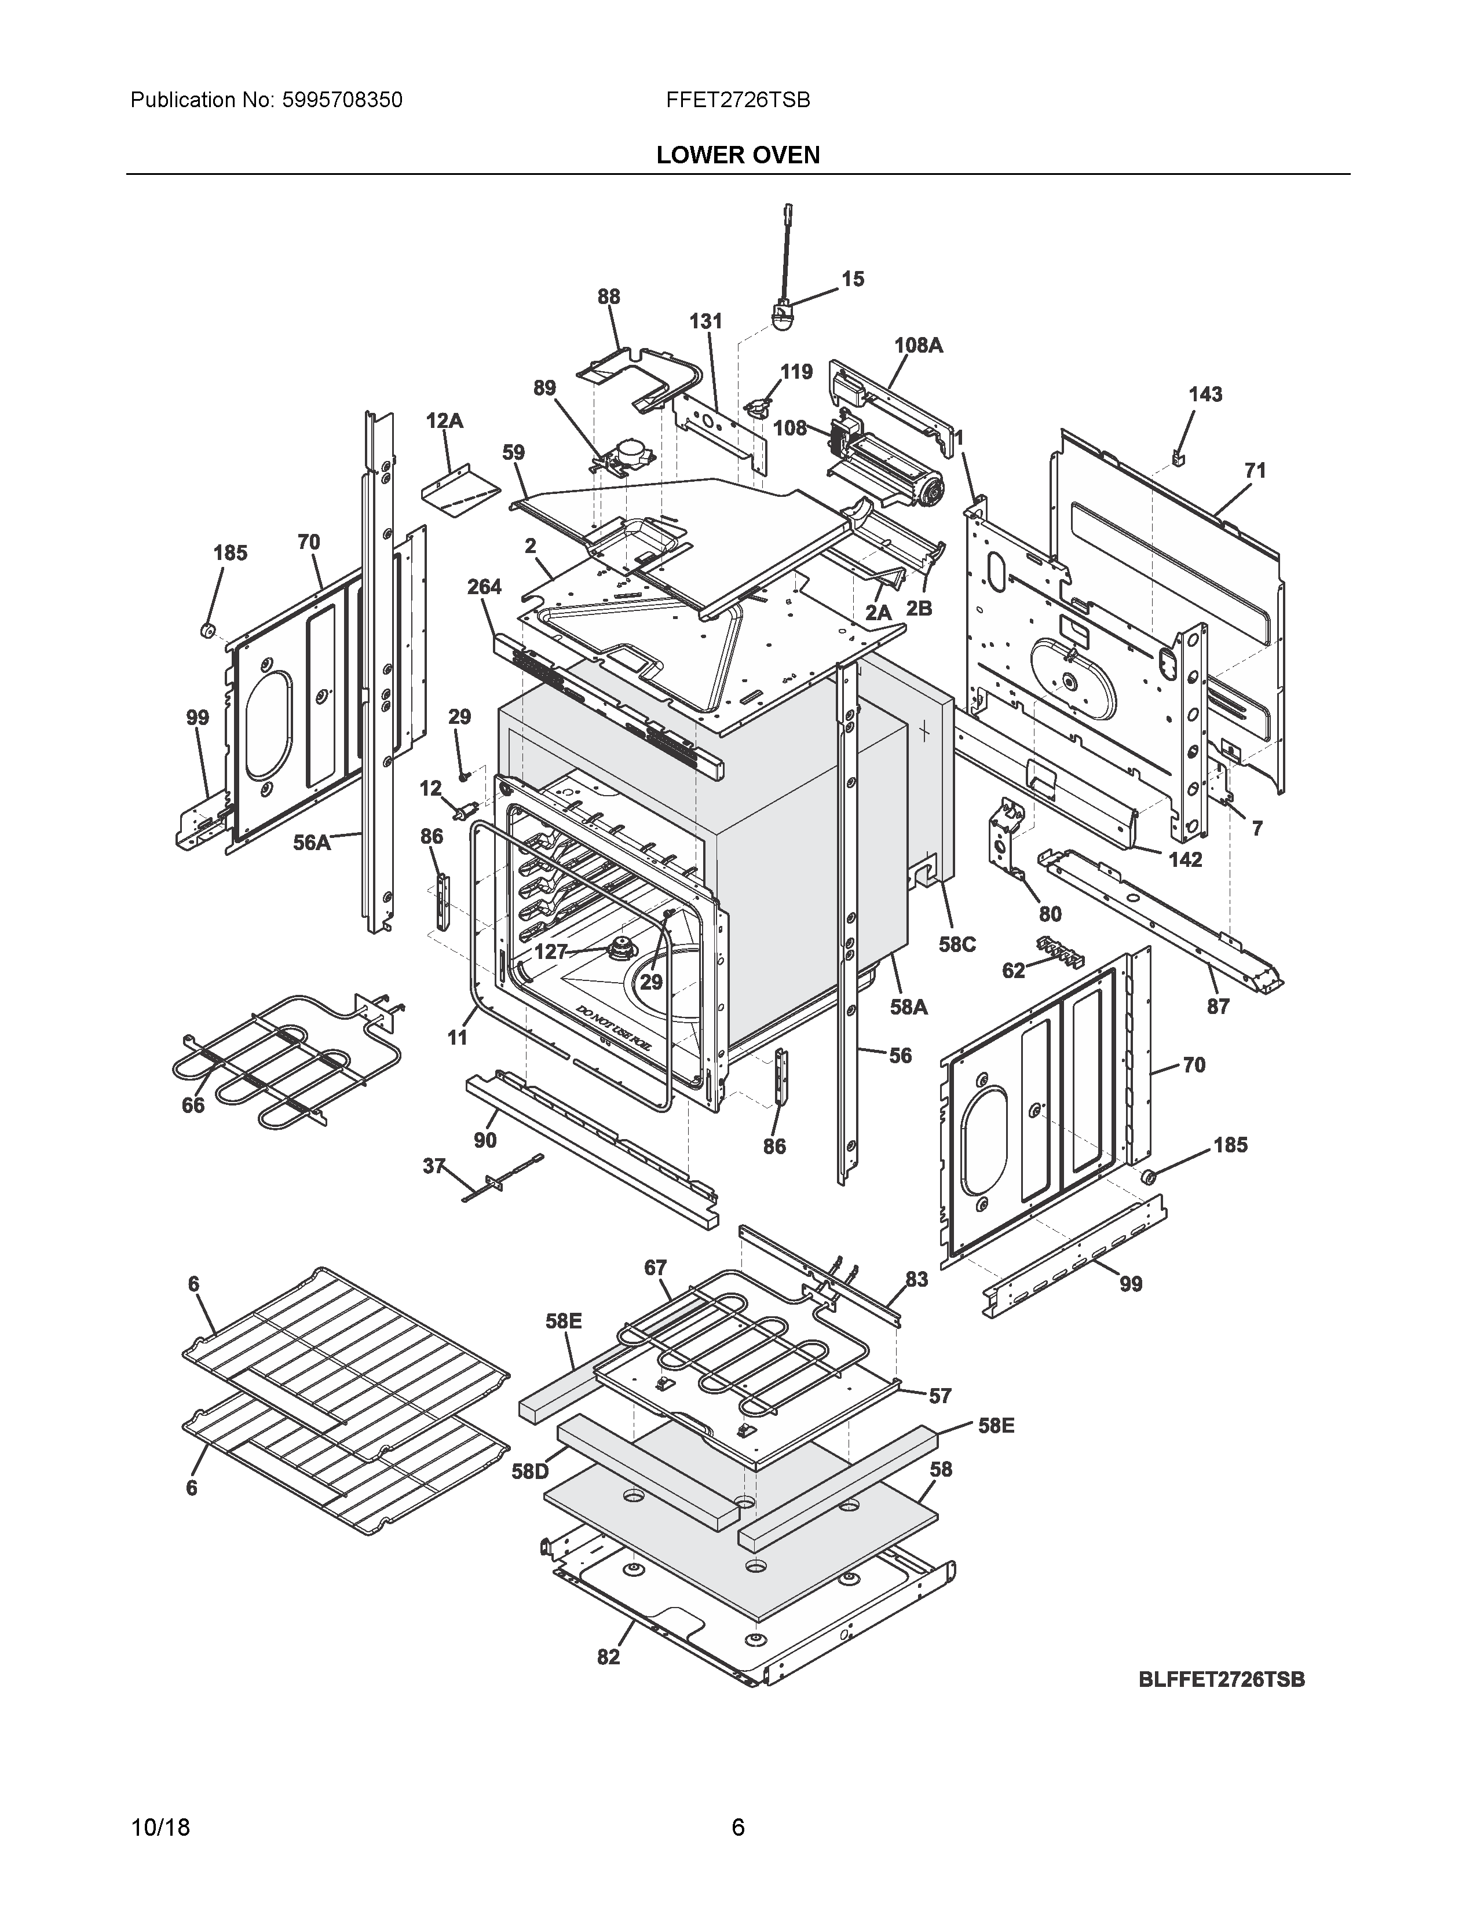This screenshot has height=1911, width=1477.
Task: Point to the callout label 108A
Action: click(918, 346)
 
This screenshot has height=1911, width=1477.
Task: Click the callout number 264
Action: click(483, 587)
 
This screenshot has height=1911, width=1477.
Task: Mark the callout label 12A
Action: click(444, 421)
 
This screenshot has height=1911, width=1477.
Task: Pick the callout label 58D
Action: click(530, 1471)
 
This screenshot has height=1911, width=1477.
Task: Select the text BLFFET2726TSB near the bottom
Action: click(1222, 1679)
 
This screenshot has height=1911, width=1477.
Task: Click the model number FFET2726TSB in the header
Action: click(737, 101)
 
